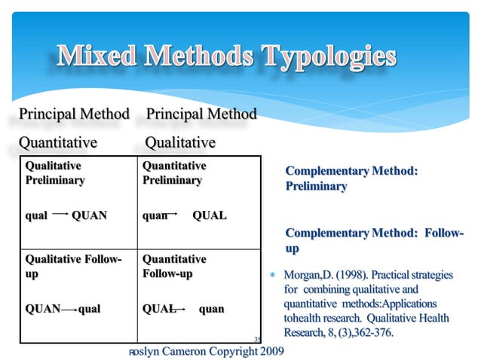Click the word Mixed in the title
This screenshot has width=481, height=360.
click(x=97, y=56)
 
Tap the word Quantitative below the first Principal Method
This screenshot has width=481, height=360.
click(x=58, y=142)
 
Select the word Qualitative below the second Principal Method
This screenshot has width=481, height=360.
click(x=180, y=142)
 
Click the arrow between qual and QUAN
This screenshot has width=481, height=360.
click(x=60, y=215)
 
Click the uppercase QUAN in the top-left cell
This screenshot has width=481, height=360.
click(x=89, y=215)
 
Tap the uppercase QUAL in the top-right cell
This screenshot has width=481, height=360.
click(x=210, y=215)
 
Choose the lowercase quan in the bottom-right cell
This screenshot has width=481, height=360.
click(x=211, y=309)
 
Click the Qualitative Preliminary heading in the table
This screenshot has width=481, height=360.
click(x=55, y=172)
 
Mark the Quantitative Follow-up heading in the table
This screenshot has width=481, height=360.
click(x=174, y=266)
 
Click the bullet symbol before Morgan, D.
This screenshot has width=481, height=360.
click(x=275, y=276)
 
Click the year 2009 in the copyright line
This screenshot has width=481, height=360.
click(x=267, y=351)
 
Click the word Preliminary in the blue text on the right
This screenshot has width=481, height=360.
click(x=316, y=186)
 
